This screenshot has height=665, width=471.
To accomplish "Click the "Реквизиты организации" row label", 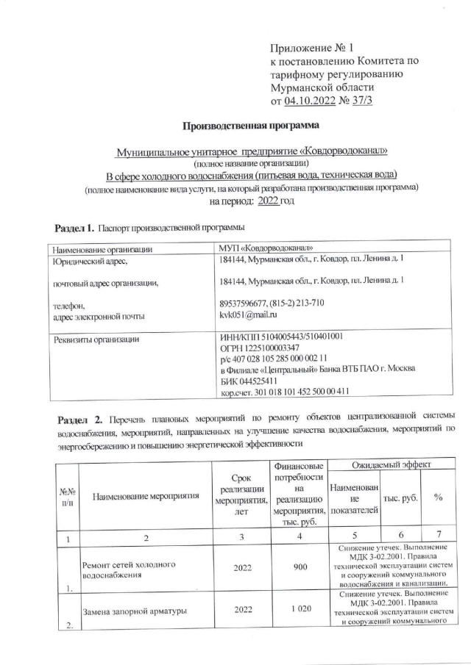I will tap(94, 339).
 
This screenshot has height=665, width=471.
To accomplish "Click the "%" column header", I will tap(438, 497).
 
